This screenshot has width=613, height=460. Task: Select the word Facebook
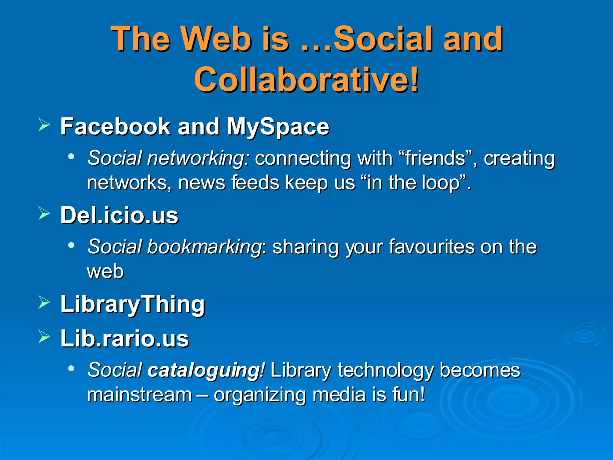point(115,126)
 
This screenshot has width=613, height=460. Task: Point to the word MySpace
point(278,127)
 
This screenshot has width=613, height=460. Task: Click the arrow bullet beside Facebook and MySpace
point(44,125)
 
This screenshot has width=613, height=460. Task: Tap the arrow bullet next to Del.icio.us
point(44,214)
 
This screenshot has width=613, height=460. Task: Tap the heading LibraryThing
point(132,304)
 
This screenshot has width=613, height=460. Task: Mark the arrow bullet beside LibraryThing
point(44,302)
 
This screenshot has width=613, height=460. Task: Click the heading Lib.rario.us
point(125,338)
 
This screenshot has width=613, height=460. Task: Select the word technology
point(386,370)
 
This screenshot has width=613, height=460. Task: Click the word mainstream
point(139,394)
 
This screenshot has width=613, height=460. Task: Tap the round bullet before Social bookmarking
point(71,245)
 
